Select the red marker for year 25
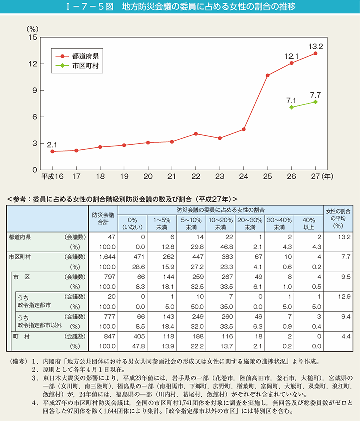(268, 75)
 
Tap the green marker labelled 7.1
(292, 107)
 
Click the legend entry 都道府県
(85, 56)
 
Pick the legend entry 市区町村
(85, 65)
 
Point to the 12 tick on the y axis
(33, 64)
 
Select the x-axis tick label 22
(196, 176)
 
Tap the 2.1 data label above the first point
(52, 145)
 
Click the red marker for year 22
(196, 134)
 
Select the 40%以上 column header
(308, 223)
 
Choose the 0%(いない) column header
(132, 223)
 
